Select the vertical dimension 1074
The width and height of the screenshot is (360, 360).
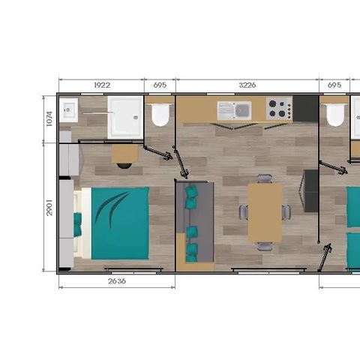[49, 118]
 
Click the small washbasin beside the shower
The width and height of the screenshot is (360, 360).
[70, 112]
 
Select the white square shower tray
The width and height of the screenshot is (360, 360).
[124, 116]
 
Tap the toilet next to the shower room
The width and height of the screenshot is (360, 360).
[159, 115]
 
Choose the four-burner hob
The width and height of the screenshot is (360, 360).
[278, 110]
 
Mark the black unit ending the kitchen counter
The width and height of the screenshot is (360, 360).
[305, 109]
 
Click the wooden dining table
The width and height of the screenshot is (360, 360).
[265, 212]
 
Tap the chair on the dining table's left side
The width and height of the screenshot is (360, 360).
[244, 212]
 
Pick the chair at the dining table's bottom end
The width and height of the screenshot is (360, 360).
[265, 246]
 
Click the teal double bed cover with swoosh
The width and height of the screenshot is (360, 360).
[119, 223]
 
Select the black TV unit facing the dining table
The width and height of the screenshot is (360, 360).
[310, 190]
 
